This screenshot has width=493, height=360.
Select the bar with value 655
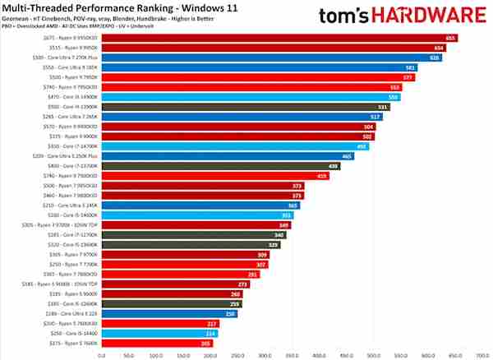pos(279,38)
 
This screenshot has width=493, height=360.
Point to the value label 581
pos(410,67)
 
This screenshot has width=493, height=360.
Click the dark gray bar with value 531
pos(246,107)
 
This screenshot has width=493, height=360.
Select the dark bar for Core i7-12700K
pos(194,234)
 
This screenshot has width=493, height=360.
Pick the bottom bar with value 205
pos(157,343)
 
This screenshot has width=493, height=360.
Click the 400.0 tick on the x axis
pos(319,355)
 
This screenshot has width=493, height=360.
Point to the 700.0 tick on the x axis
pos(481,355)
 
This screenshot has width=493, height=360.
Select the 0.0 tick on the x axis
pos(102,355)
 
